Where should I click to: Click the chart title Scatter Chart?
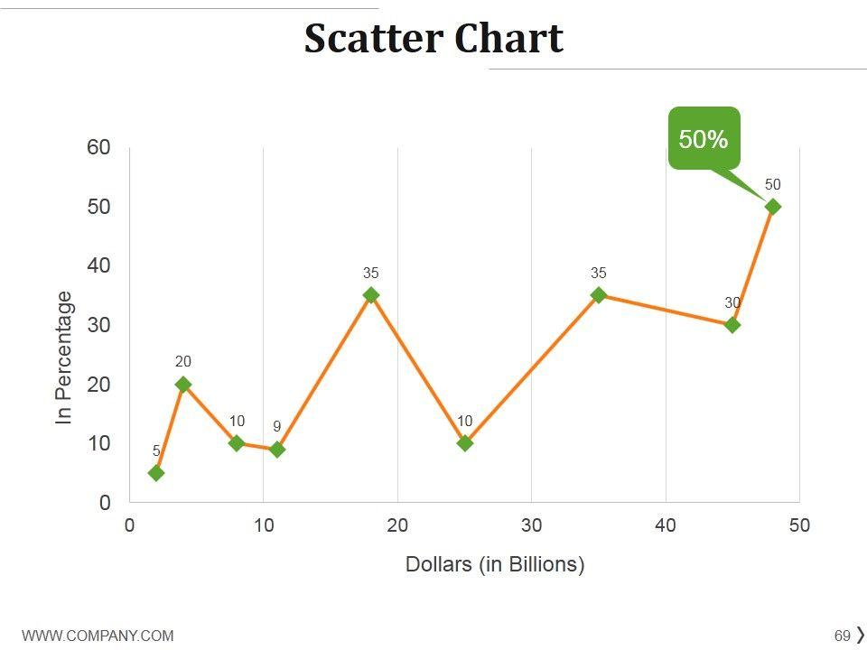(433, 39)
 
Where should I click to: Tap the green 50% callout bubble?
(704, 138)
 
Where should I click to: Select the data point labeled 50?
(772, 207)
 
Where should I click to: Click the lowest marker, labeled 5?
(156, 473)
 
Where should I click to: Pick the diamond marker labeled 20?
(183, 385)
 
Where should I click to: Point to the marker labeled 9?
(277, 450)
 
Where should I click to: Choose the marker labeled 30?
(732, 325)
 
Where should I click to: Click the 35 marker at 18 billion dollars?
(371, 295)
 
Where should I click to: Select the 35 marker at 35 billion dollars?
(599, 295)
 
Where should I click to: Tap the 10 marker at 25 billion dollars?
(465, 443)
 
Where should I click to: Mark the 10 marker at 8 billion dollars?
(237, 443)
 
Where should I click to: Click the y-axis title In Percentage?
(63, 357)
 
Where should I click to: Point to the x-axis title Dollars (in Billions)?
(495, 565)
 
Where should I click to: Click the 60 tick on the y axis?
(98, 148)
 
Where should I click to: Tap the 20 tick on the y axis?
(98, 385)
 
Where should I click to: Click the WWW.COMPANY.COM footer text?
(98, 636)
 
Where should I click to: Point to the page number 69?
(843, 635)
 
